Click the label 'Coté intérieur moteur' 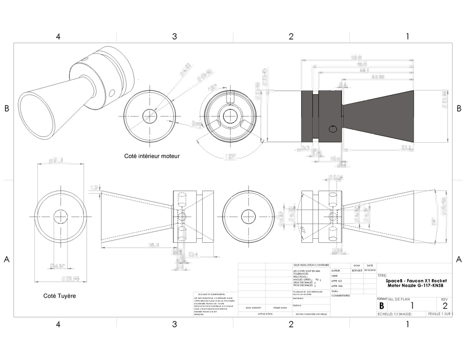click(x=152, y=156)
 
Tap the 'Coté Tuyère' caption click(x=59, y=295)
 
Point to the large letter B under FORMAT click(x=382, y=305)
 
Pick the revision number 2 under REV click(x=445, y=305)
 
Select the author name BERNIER click(x=357, y=271)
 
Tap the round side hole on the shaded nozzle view click(x=333, y=129)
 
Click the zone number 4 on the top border click(x=58, y=37)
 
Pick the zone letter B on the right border click(x=459, y=108)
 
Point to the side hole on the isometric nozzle click(x=111, y=91)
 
